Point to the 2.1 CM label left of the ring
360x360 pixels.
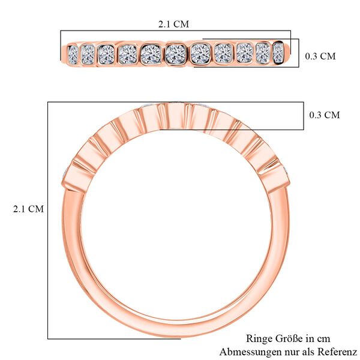click(28, 209)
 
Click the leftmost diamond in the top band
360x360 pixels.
click(73, 54)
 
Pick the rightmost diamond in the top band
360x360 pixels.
click(278, 53)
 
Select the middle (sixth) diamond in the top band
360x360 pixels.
click(175, 54)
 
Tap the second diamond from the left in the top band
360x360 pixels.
click(88, 54)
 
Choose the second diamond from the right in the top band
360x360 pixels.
click(263, 53)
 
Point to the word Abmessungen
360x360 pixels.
click(250, 351)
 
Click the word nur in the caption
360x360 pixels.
click(290, 351)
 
